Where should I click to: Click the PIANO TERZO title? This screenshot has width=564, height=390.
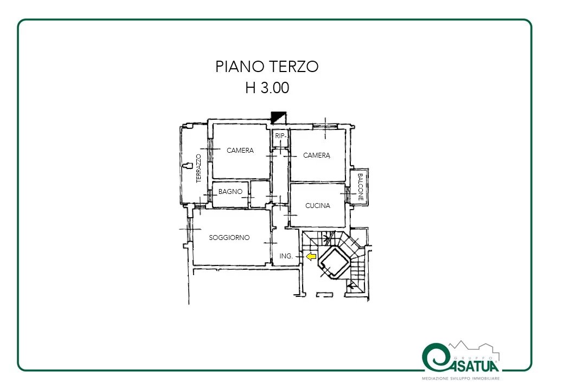click(x=267, y=67)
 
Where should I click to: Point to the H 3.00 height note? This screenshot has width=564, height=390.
click(x=267, y=88)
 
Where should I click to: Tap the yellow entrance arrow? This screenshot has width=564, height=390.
click(x=311, y=256)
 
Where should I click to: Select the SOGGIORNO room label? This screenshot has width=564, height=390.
click(x=229, y=237)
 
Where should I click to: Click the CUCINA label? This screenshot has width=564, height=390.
click(x=318, y=205)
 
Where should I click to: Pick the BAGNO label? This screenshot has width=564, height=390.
click(x=230, y=192)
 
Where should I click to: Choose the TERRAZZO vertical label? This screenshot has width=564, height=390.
click(x=198, y=168)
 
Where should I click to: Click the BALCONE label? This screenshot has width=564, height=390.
click(x=361, y=187)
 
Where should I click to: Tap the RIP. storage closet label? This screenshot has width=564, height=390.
click(x=280, y=136)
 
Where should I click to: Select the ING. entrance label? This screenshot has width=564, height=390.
click(x=286, y=256)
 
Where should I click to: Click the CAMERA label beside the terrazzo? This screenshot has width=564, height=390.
click(x=240, y=151)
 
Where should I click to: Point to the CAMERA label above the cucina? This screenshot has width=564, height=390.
click(x=317, y=155)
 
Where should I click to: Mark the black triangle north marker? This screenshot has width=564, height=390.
click(x=278, y=118)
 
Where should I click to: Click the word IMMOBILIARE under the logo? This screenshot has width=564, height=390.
click(x=485, y=379)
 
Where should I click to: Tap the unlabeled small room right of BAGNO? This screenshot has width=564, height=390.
click(x=260, y=194)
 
